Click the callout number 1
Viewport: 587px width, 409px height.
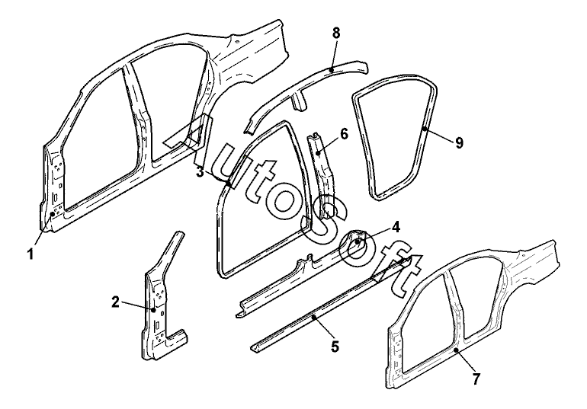pos(30,254)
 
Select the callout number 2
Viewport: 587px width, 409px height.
pos(116,302)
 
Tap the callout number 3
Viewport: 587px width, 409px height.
pos(200,173)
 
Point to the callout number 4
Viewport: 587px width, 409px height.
pos(396,227)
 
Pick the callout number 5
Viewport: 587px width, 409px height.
pos(335,347)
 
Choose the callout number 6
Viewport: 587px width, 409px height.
pos(344,134)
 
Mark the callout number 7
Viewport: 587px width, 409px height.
pos(476,379)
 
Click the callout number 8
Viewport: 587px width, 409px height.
pos(336,33)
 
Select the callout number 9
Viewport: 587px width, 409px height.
pos(459,143)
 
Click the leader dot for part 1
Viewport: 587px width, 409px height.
pos(53,213)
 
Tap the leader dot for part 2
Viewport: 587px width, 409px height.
pos(153,309)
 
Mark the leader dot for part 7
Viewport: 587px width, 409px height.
pos(456,350)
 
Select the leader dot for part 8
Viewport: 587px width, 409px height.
pos(331,69)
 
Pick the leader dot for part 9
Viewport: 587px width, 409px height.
pos(425,129)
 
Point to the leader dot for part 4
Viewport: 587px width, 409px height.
pos(358,242)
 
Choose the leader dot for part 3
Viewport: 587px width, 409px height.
pos(229,183)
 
